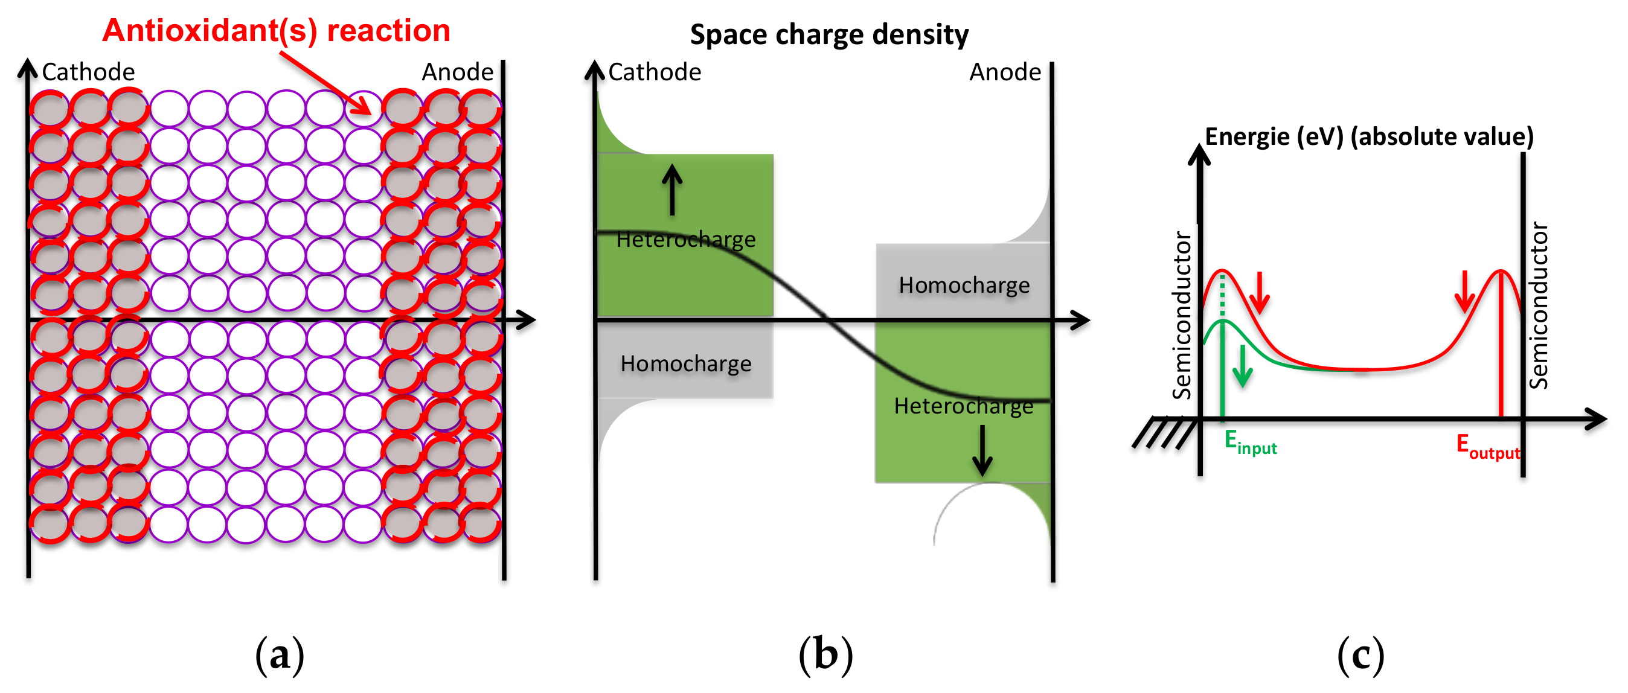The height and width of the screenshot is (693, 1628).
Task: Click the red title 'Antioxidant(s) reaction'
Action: click(x=276, y=30)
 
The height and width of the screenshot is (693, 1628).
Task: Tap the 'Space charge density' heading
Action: click(x=828, y=34)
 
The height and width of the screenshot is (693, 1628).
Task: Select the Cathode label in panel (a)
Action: click(x=89, y=72)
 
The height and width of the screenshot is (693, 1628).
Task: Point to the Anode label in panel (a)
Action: click(x=458, y=72)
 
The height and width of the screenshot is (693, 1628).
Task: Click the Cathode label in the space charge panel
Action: click(x=655, y=72)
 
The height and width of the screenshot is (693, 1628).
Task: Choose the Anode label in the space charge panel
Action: click(x=1005, y=72)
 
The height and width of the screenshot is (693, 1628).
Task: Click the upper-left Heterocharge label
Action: click(x=686, y=240)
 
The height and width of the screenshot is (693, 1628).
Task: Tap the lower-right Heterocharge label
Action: click(x=963, y=406)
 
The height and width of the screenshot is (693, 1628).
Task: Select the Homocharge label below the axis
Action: click(x=686, y=363)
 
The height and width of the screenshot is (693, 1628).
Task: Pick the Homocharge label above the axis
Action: click(x=964, y=285)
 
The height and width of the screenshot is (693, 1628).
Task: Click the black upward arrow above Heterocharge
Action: click(x=672, y=190)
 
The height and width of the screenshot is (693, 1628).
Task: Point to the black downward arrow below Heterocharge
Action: click(x=982, y=450)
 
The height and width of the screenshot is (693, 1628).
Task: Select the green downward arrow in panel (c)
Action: click(x=1243, y=366)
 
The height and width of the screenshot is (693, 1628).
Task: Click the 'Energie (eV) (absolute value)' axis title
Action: click(x=1369, y=136)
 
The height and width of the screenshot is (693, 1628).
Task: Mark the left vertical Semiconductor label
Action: click(x=1182, y=315)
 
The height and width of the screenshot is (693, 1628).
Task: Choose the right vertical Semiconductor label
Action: click(x=1538, y=306)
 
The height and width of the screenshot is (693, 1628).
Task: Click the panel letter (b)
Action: click(x=825, y=654)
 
